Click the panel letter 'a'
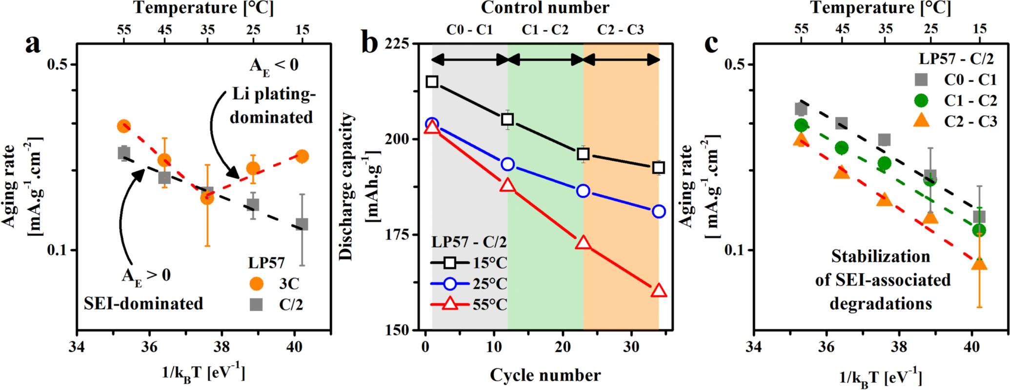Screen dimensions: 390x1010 coord(33,45)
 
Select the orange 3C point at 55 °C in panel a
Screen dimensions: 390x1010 coord(124,126)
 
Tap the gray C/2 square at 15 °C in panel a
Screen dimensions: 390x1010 coord(302,224)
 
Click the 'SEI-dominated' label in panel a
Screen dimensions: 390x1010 coord(143,303)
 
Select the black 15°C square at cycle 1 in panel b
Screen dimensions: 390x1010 coord(432,81)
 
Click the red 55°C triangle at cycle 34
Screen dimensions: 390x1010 coord(659,291)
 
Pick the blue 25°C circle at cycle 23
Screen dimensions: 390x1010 coord(583,191)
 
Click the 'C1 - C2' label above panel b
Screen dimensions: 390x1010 coord(545,30)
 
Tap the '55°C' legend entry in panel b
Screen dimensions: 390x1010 coord(489,305)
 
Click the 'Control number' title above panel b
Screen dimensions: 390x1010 coord(545,8)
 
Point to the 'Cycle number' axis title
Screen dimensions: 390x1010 coord(545,375)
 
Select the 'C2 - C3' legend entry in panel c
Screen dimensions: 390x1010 coord(970,121)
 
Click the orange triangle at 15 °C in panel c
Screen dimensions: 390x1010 coord(979,264)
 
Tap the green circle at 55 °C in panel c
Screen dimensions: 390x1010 coord(801,125)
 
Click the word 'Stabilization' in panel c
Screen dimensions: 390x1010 coord(880,256)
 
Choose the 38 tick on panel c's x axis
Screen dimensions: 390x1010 coord(899,347)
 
